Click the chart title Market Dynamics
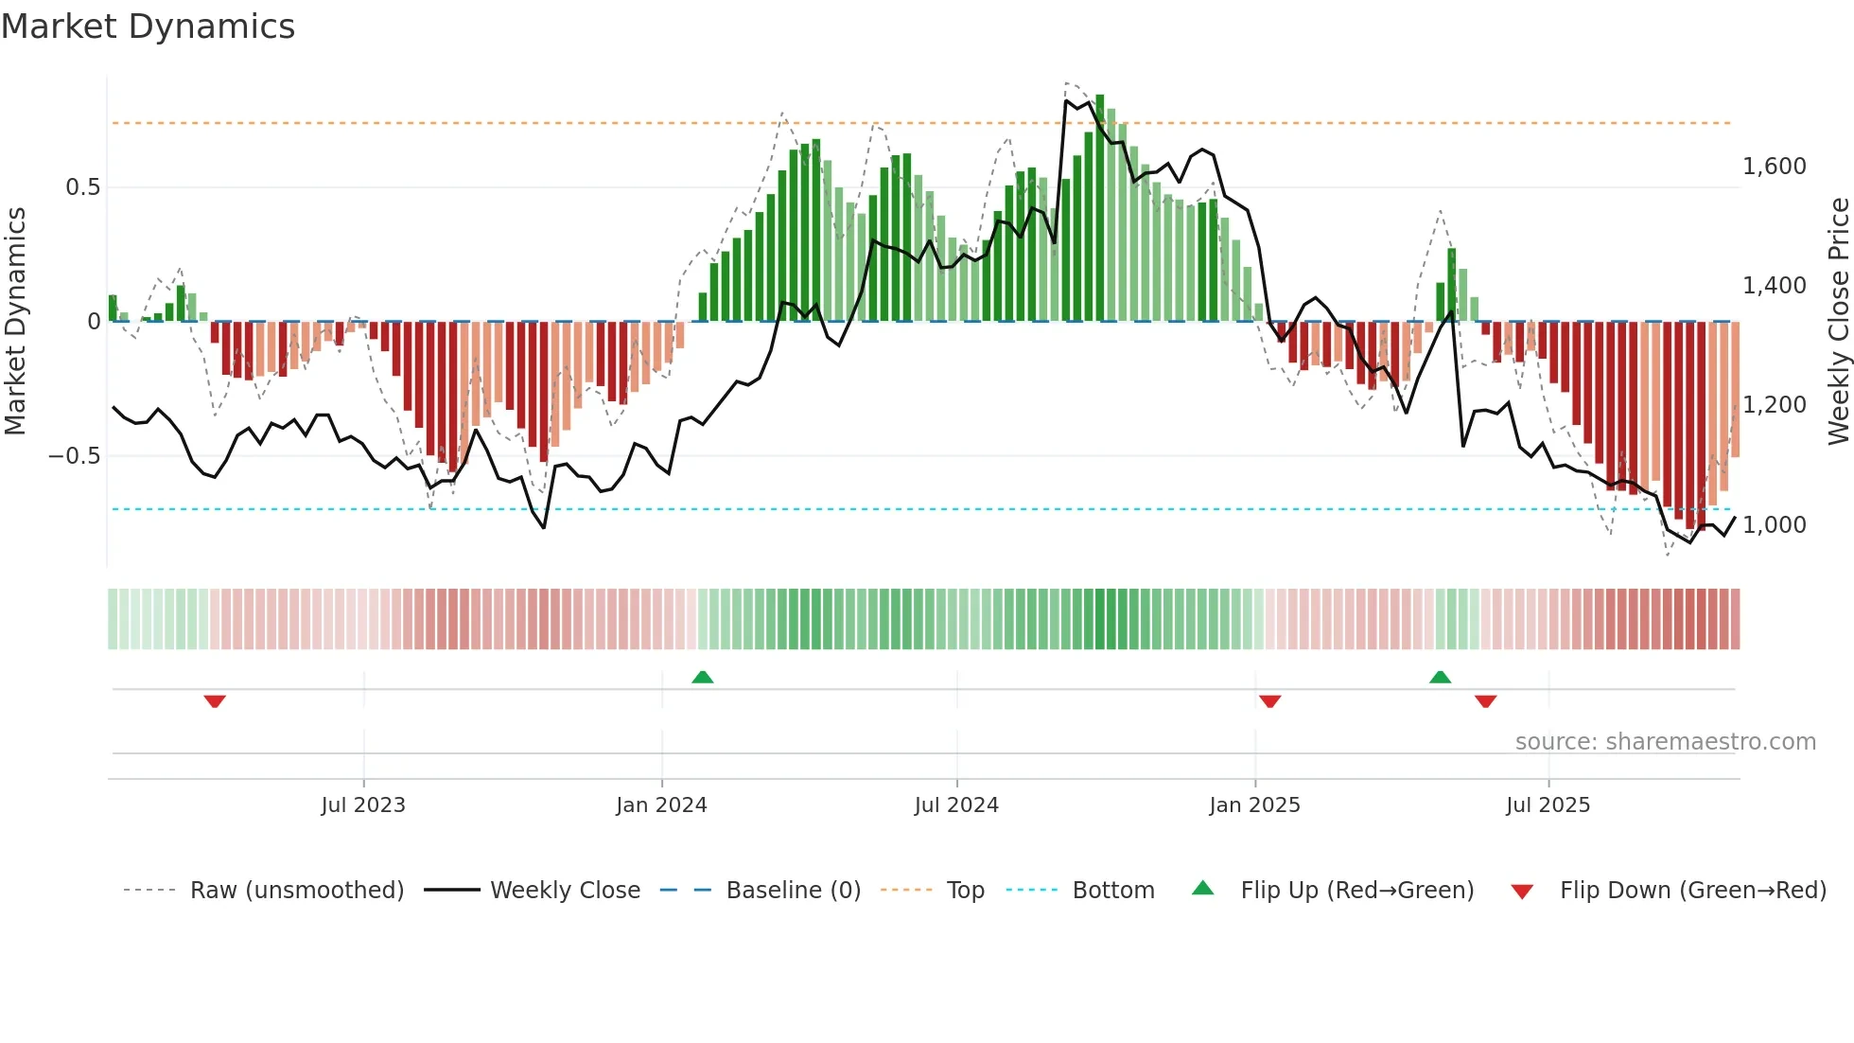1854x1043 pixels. click(149, 27)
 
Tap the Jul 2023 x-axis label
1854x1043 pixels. click(363, 805)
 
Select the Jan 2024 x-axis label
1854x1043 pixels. click(661, 805)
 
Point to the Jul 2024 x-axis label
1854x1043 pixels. click(956, 805)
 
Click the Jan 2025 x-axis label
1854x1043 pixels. click(1254, 805)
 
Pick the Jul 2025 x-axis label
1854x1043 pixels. click(1548, 805)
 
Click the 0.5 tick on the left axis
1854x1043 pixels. click(83, 187)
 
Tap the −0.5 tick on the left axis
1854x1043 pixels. click(75, 456)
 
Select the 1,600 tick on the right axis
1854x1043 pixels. click(1775, 167)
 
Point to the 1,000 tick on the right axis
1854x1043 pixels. click(1775, 525)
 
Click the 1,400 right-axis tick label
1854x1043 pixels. click(1775, 286)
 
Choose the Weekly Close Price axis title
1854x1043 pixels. click(1839, 322)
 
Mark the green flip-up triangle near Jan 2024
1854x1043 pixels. click(702, 678)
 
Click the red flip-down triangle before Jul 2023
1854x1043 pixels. click(215, 701)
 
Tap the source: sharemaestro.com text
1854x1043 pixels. click(1665, 742)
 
